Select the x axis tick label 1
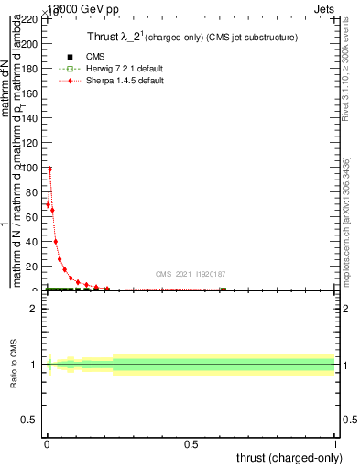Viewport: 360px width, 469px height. [x=336, y=445]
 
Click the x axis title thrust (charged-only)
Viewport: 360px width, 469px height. [x=289, y=458]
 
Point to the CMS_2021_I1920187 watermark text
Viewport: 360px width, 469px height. [x=189, y=273]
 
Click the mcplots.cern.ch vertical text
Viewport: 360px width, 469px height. [x=345, y=220]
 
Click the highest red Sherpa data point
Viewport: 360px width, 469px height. [x=49, y=169]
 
